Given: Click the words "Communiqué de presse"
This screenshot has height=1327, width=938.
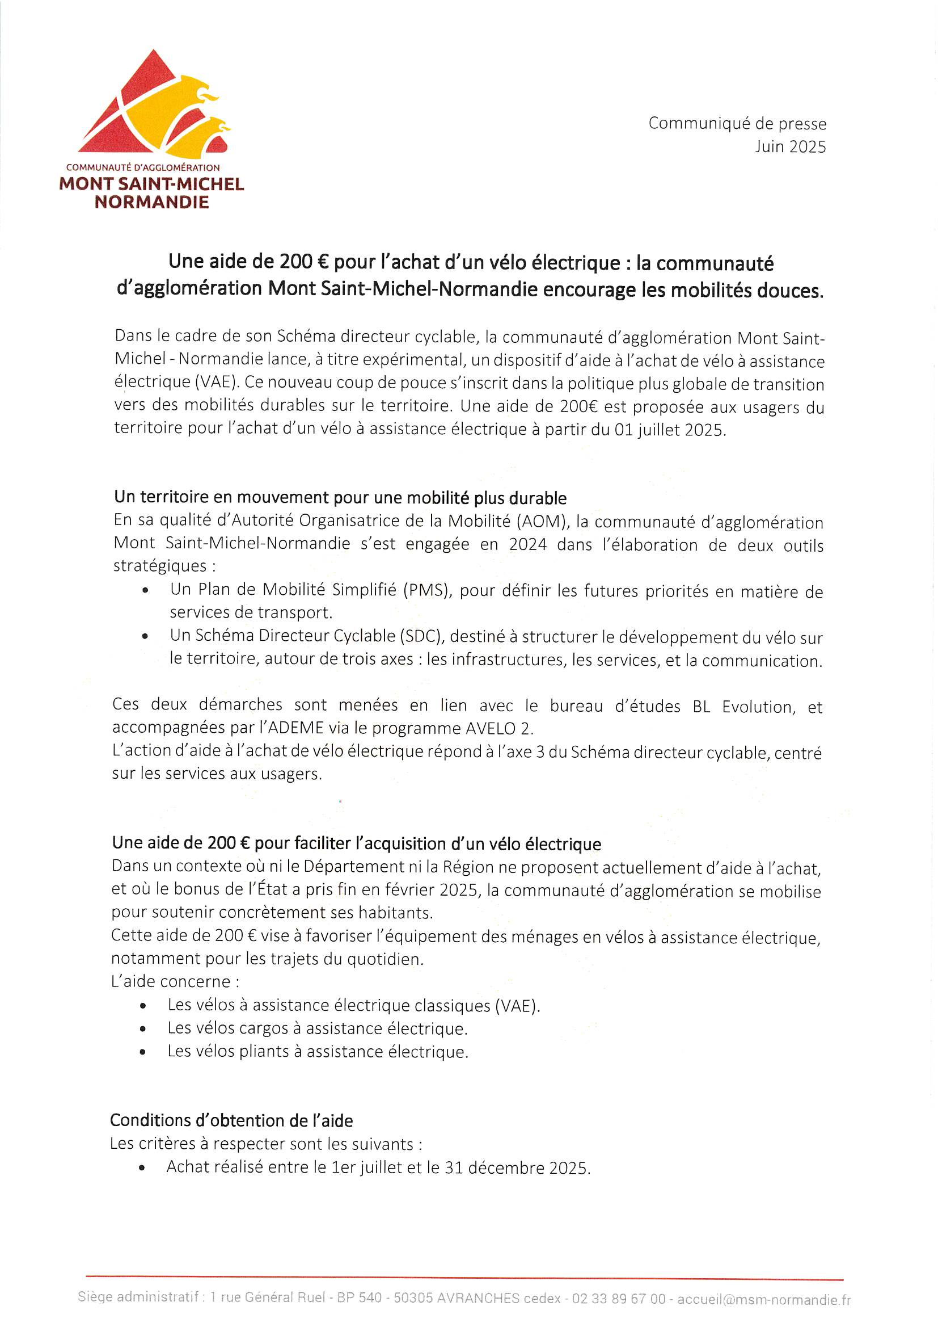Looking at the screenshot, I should [737, 123].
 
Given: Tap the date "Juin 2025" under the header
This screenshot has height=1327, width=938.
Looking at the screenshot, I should [790, 147].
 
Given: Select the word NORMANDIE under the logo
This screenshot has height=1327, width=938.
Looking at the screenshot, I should [152, 202].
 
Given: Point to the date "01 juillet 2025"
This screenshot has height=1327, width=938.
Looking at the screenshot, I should [669, 430].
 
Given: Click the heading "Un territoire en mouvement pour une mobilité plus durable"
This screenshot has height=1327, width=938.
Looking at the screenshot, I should [340, 497].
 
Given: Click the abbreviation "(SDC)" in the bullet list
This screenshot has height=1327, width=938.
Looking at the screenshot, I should [421, 636].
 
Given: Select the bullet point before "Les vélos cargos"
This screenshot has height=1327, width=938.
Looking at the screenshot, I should [143, 1029].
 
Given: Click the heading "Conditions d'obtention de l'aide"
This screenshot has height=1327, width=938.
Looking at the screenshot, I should [231, 1120].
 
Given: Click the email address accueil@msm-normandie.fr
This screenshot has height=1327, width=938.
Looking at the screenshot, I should [763, 1299].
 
